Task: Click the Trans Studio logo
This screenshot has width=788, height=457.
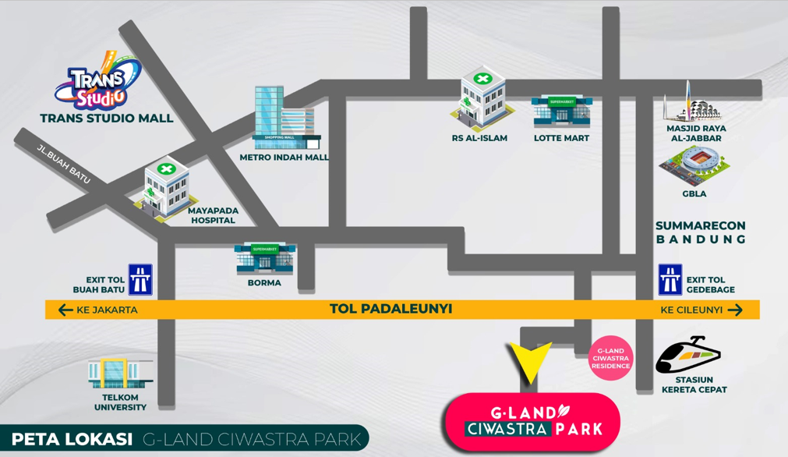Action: pyautogui.click(x=97, y=80)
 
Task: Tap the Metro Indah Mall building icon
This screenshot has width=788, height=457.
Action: pyautogui.click(x=286, y=118)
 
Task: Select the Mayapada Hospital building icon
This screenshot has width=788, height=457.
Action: pyautogui.click(x=166, y=189)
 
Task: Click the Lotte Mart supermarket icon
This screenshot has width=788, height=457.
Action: pyautogui.click(x=561, y=112)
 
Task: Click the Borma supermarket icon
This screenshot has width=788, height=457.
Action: pyautogui.click(x=265, y=259)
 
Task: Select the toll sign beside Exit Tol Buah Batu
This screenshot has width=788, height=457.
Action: pyautogui.click(x=140, y=279)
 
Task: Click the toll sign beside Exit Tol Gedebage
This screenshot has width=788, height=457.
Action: pyautogui.click(x=670, y=279)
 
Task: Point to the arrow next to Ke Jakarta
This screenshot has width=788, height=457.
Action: pyautogui.click(x=65, y=310)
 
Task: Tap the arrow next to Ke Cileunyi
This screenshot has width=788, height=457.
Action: pyautogui.click(x=735, y=310)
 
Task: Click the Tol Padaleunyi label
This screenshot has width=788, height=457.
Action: pyautogui.click(x=390, y=309)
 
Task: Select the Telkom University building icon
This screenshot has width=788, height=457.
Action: pyautogui.click(x=121, y=374)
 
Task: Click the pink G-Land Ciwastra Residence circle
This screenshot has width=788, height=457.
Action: pyautogui.click(x=610, y=358)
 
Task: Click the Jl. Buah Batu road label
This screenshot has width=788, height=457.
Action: pyautogui.click(x=64, y=164)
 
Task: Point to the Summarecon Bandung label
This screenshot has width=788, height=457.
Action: pyautogui.click(x=701, y=232)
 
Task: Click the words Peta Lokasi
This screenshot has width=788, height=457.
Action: pyautogui.click(x=72, y=439)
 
